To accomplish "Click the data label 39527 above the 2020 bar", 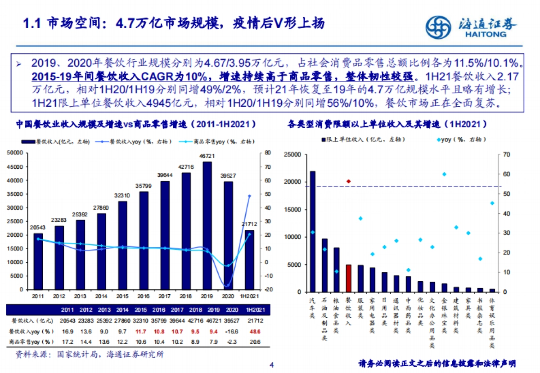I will [229, 176].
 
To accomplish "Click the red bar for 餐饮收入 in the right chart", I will [348, 278].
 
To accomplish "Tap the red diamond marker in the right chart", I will [348, 181].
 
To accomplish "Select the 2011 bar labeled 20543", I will [39, 261].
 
